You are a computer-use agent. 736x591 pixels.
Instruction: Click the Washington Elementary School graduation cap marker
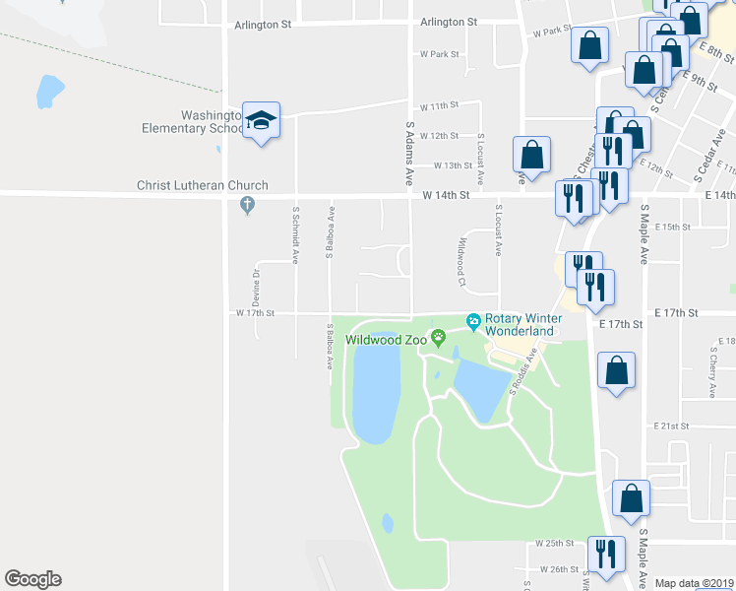tap(261, 121)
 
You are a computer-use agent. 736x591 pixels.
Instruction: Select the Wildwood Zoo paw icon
tap(439, 339)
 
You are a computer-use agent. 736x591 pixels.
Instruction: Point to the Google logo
tap(32, 579)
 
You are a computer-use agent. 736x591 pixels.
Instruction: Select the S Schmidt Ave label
tap(295, 235)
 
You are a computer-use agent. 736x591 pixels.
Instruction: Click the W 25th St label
tap(554, 543)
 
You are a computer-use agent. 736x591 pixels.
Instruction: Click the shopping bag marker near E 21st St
tap(616, 370)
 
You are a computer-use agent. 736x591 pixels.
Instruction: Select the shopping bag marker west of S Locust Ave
tap(531, 155)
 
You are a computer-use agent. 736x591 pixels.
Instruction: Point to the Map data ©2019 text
tap(694, 583)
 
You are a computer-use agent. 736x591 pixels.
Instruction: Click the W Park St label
tap(439, 54)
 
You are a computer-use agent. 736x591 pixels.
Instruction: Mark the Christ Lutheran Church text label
tap(204, 185)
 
